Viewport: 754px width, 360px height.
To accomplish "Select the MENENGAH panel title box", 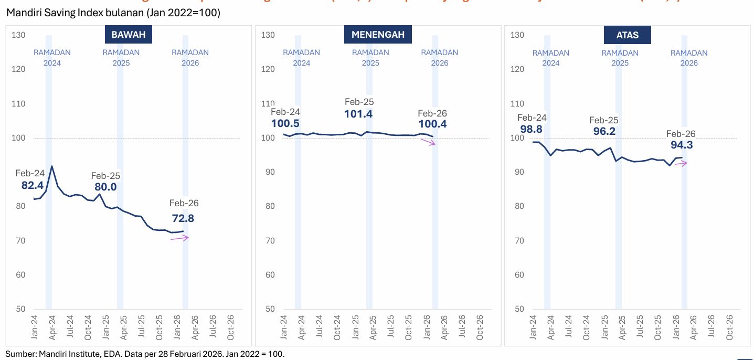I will (378, 35).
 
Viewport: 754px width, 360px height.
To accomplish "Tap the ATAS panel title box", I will (627, 35).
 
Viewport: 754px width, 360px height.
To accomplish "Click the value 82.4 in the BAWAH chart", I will (32, 185).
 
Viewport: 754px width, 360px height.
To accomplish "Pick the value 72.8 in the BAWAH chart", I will (183, 218).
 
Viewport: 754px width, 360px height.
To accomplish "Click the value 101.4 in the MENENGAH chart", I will (359, 114).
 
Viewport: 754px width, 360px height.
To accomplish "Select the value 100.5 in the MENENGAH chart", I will (285, 124).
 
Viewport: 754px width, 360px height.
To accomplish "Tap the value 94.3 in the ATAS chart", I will (682, 145).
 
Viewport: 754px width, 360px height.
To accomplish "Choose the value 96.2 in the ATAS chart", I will (604, 132).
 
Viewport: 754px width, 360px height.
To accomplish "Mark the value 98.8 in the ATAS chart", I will (532, 129).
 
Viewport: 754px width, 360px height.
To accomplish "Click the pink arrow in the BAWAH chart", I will (179, 238).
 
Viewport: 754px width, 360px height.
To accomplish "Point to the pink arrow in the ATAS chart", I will (681, 163).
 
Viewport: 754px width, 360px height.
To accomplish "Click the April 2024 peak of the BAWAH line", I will (51, 166).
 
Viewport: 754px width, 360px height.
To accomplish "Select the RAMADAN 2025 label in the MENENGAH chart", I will (370, 58).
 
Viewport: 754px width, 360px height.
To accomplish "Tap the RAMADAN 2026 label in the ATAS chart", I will (689, 58).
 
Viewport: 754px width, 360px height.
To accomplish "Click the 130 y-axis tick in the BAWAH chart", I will (18, 35).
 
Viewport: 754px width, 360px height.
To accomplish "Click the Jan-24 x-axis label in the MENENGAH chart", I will (284, 327).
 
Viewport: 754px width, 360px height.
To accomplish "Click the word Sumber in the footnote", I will (20, 354).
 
